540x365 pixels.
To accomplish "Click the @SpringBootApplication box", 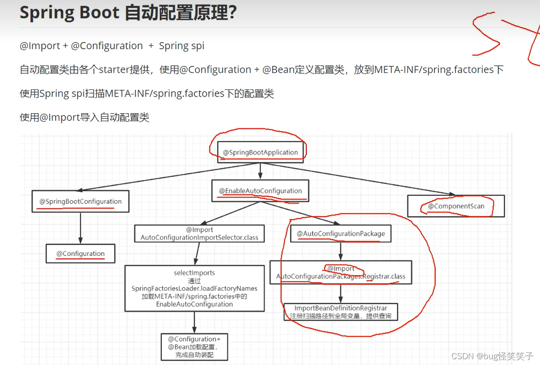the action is point(260,153).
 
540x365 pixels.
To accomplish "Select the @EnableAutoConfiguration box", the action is point(260,191).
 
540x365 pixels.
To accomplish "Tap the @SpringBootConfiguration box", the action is point(81,202).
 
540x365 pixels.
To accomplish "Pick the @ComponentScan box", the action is point(456,206).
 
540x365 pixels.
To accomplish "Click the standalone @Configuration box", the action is point(81,254).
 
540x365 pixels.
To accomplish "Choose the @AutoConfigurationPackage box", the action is point(340,233).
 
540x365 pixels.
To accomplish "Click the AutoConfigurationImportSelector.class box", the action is point(199,233).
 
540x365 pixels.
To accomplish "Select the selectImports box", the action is point(194,289).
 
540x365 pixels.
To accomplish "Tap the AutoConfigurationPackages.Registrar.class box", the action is point(340,272).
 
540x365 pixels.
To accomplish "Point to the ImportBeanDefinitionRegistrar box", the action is point(340,312).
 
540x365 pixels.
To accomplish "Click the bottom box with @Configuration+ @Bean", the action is point(194,347).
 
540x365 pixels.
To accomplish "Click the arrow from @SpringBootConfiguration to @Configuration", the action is point(81,228).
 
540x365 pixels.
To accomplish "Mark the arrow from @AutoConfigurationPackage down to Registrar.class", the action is point(340,251).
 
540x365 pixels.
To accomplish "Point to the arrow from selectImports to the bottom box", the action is point(194,322).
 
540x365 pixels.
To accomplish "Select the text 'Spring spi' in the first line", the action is point(182,46).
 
